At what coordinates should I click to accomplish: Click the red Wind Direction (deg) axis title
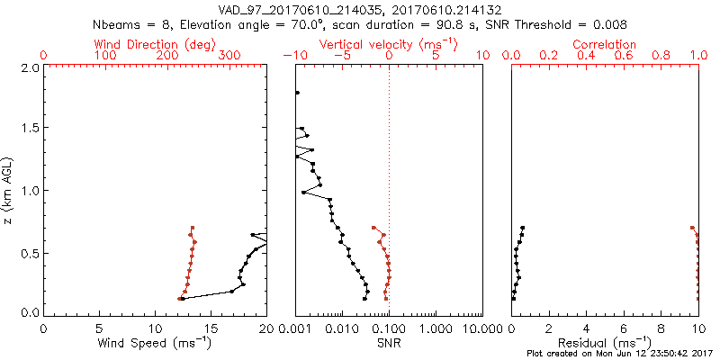pos(155,44)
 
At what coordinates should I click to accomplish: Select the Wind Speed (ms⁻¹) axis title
pos(155,343)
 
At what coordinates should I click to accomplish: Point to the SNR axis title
pos(389,343)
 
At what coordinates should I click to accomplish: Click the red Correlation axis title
pos(605,44)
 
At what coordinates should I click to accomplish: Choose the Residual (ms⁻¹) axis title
pos(605,343)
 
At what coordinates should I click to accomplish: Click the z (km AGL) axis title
pos(10,189)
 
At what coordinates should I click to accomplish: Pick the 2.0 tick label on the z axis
pos(29,67)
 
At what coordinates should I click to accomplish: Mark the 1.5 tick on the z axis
pos(29,129)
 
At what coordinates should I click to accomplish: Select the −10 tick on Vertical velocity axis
pos(294,56)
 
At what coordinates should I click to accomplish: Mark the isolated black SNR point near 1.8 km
pos(297,93)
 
